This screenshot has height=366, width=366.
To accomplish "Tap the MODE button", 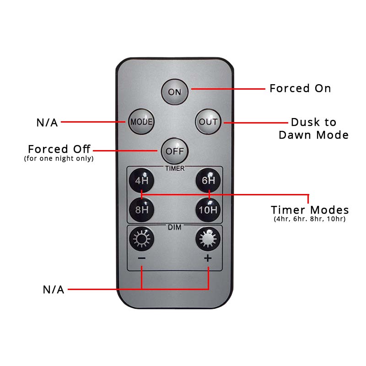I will [141, 122].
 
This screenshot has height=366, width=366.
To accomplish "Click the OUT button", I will [208, 122].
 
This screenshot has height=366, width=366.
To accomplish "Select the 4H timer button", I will [141, 180].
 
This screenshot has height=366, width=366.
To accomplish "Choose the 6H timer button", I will [208, 180].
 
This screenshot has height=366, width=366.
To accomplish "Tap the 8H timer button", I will [141, 210].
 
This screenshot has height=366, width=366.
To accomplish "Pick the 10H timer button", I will [208, 210].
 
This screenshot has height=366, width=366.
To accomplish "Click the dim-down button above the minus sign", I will [141, 238].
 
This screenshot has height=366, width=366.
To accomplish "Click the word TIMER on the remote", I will [175, 168].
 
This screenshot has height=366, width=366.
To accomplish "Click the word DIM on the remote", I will [175, 227].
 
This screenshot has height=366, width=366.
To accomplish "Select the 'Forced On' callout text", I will [300, 88].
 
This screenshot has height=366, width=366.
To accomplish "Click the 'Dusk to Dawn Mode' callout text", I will [314, 129].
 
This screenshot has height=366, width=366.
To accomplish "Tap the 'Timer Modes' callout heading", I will [310, 210].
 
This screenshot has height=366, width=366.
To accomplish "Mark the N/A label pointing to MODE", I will [47, 123].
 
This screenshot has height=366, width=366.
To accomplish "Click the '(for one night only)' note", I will [59, 159].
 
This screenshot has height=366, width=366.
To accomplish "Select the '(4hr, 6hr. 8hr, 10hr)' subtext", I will [310, 219].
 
